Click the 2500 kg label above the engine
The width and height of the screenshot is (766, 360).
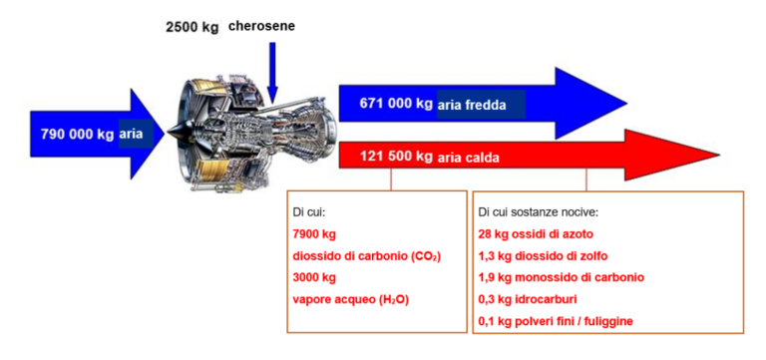click(x=191, y=26)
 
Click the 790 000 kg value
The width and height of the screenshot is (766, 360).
click(x=77, y=134)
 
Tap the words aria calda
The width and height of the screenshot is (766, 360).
click(x=469, y=158)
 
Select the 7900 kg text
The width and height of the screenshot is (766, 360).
click(x=314, y=234)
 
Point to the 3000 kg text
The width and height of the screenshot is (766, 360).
click(x=314, y=278)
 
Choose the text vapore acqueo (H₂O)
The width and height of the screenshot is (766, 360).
click(x=350, y=299)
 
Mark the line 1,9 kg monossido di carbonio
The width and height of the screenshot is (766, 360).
click(x=561, y=277)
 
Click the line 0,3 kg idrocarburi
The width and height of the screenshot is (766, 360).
click(x=529, y=299)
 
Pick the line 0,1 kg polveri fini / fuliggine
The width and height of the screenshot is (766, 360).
click(x=556, y=321)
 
